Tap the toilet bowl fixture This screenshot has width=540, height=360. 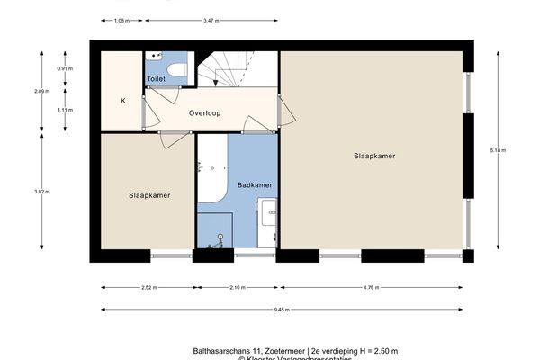coord(176,69)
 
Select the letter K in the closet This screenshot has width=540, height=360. coord(123,100)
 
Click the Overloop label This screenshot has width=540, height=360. coord(205,114)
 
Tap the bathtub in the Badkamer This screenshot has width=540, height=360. coord(212,171)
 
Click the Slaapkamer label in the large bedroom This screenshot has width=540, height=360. coord(373,156)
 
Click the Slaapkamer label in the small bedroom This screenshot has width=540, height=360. coord(149,195)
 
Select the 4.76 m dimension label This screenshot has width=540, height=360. coord(370,288)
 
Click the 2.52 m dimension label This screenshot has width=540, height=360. coord(148,288)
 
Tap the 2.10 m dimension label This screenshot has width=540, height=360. coord(236,288)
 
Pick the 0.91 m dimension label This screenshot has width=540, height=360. coord(66,68)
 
